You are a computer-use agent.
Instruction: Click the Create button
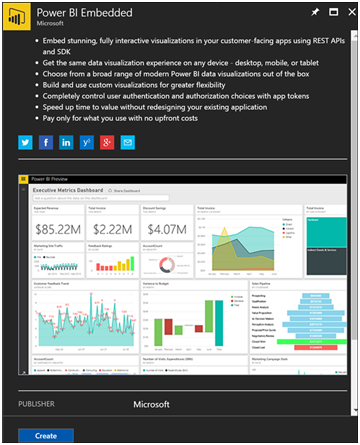tap(45, 436)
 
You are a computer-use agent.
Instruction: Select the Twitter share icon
tap(25, 142)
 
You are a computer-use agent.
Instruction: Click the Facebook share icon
tap(45, 142)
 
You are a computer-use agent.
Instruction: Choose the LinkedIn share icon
tap(65, 142)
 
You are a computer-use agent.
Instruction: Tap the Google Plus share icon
tap(86, 142)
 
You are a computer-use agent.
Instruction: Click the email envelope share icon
tap(126, 142)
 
